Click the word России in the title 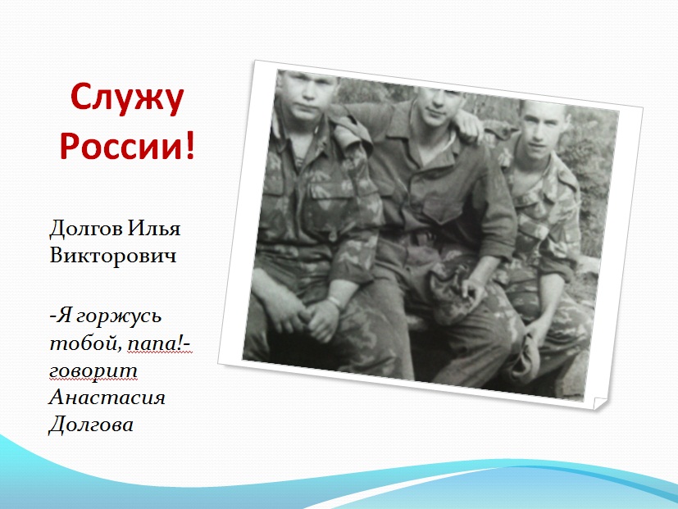[122, 145]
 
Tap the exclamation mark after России [190, 145]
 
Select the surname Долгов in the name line [85, 229]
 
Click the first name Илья [153, 229]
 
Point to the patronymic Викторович [113, 255]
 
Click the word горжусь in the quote [119, 316]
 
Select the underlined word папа [154, 345]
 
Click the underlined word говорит [93, 371]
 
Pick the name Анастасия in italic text [107, 398]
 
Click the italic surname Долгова [91, 425]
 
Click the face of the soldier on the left [306, 96]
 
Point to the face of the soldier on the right [539, 129]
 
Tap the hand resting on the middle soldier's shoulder [469, 125]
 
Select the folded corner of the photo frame [601, 403]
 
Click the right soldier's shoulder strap [567, 177]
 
